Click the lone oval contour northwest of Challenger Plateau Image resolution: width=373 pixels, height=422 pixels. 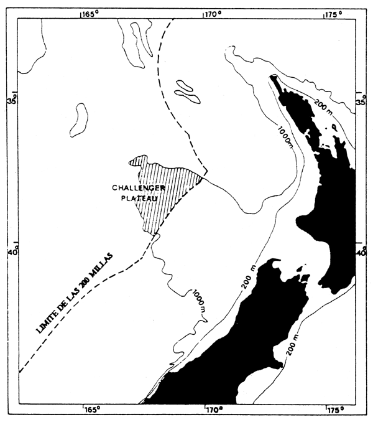[x=78, y=120]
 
